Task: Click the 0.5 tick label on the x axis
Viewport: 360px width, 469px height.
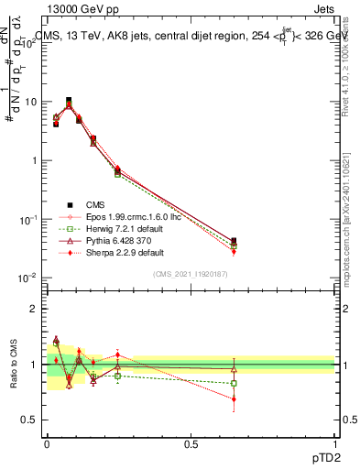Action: coord(191,444)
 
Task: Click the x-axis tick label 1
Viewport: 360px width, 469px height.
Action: coord(336,444)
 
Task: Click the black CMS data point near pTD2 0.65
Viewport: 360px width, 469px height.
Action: coord(234,241)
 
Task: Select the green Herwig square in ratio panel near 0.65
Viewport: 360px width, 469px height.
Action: coord(234,383)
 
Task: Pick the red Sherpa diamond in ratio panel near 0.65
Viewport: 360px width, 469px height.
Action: coord(234,399)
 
